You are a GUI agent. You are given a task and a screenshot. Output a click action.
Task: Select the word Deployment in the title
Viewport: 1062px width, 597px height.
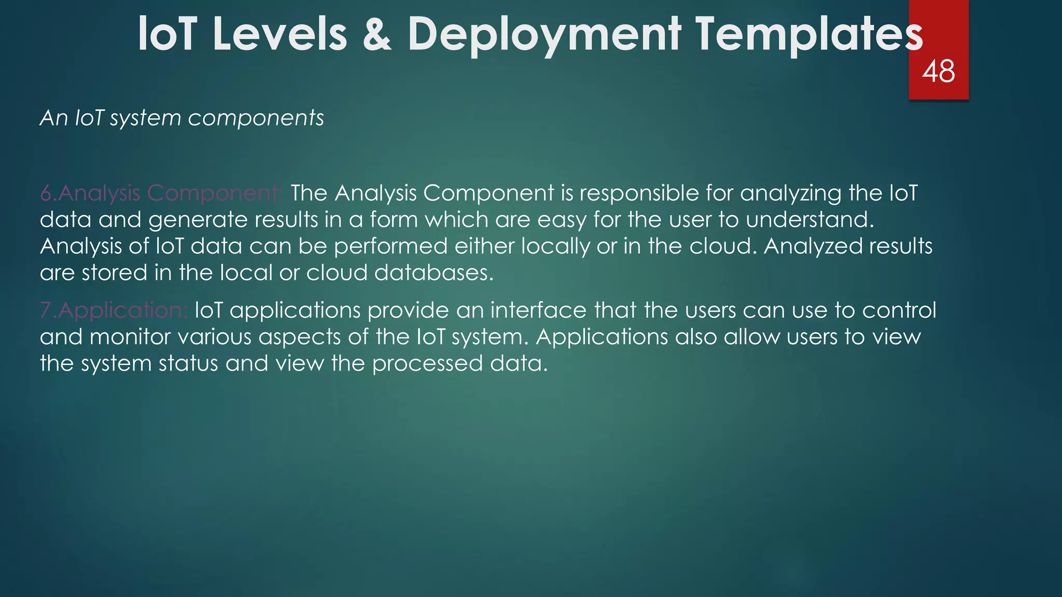click(544, 35)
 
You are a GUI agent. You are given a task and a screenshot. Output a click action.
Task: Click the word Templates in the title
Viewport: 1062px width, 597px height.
click(809, 35)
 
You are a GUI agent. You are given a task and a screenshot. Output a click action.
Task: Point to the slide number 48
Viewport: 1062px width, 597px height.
click(939, 72)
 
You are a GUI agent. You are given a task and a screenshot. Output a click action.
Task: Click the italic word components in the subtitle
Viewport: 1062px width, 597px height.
click(256, 119)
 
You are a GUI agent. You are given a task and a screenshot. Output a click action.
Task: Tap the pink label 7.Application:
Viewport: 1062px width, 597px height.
click(114, 310)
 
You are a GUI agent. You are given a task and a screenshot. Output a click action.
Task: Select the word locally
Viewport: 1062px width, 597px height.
click(555, 247)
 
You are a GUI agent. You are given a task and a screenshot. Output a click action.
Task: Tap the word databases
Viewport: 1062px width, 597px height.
click(434, 273)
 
